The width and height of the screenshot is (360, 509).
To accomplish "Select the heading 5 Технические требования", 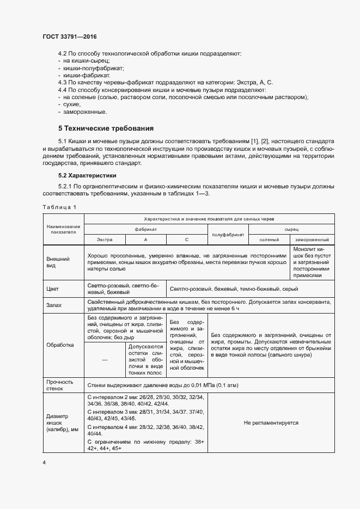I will click(106, 129).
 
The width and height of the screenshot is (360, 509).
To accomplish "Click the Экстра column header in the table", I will click(105, 240).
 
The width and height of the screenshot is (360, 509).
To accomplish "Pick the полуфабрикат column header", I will click(228, 235).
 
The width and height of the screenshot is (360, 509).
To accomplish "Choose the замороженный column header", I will click(312, 240).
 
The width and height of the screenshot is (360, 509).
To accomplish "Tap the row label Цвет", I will click(52, 289).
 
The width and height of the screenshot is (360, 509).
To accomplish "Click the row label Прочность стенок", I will click(59, 385).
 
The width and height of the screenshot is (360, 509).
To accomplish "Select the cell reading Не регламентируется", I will click(271, 422).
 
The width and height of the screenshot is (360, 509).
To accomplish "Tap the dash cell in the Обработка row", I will click(105, 360).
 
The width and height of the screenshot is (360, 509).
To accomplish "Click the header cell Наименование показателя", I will click(63, 229).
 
